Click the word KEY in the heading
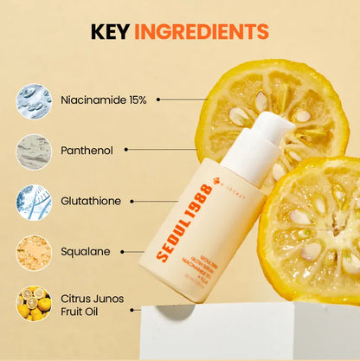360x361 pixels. click(x=110, y=33)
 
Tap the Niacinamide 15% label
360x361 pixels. click(x=104, y=100)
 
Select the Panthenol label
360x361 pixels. click(x=87, y=150)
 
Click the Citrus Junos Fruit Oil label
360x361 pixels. click(x=92, y=305)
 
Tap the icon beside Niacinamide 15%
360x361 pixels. click(x=34, y=100)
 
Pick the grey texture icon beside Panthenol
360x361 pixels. click(x=34, y=151)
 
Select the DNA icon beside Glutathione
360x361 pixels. click(x=34, y=202)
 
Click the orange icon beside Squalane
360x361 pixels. click(x=34, y=253)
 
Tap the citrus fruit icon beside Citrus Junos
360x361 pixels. click(x=34, y=304)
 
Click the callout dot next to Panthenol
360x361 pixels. click(x=127, y=150)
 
